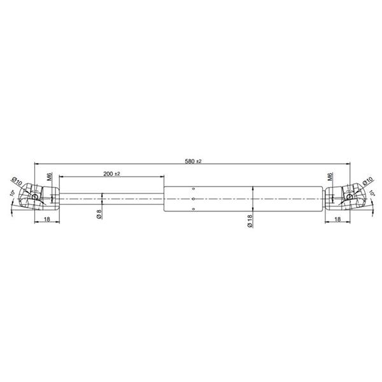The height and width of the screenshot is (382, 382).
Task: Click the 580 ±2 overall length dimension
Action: click(x=193, y=161)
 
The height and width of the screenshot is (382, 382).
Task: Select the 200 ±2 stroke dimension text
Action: click(x=111, y=174)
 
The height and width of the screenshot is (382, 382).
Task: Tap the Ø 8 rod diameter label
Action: click(x=99, y=214)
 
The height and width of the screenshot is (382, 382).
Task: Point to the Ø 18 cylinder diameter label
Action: click(x=250, y=221)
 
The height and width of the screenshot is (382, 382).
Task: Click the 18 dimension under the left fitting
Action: click(x=46, y=219)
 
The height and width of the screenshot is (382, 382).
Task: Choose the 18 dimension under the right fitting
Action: click(x=337, y=219)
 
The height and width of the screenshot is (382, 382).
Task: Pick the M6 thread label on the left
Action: click(x=50, y=177)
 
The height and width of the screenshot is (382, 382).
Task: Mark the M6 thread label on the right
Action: click(x=330, y=177)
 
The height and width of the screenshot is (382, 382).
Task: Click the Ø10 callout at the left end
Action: click(x=17, y=181)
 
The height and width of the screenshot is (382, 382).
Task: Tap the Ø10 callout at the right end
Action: click(x=367, y=181)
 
